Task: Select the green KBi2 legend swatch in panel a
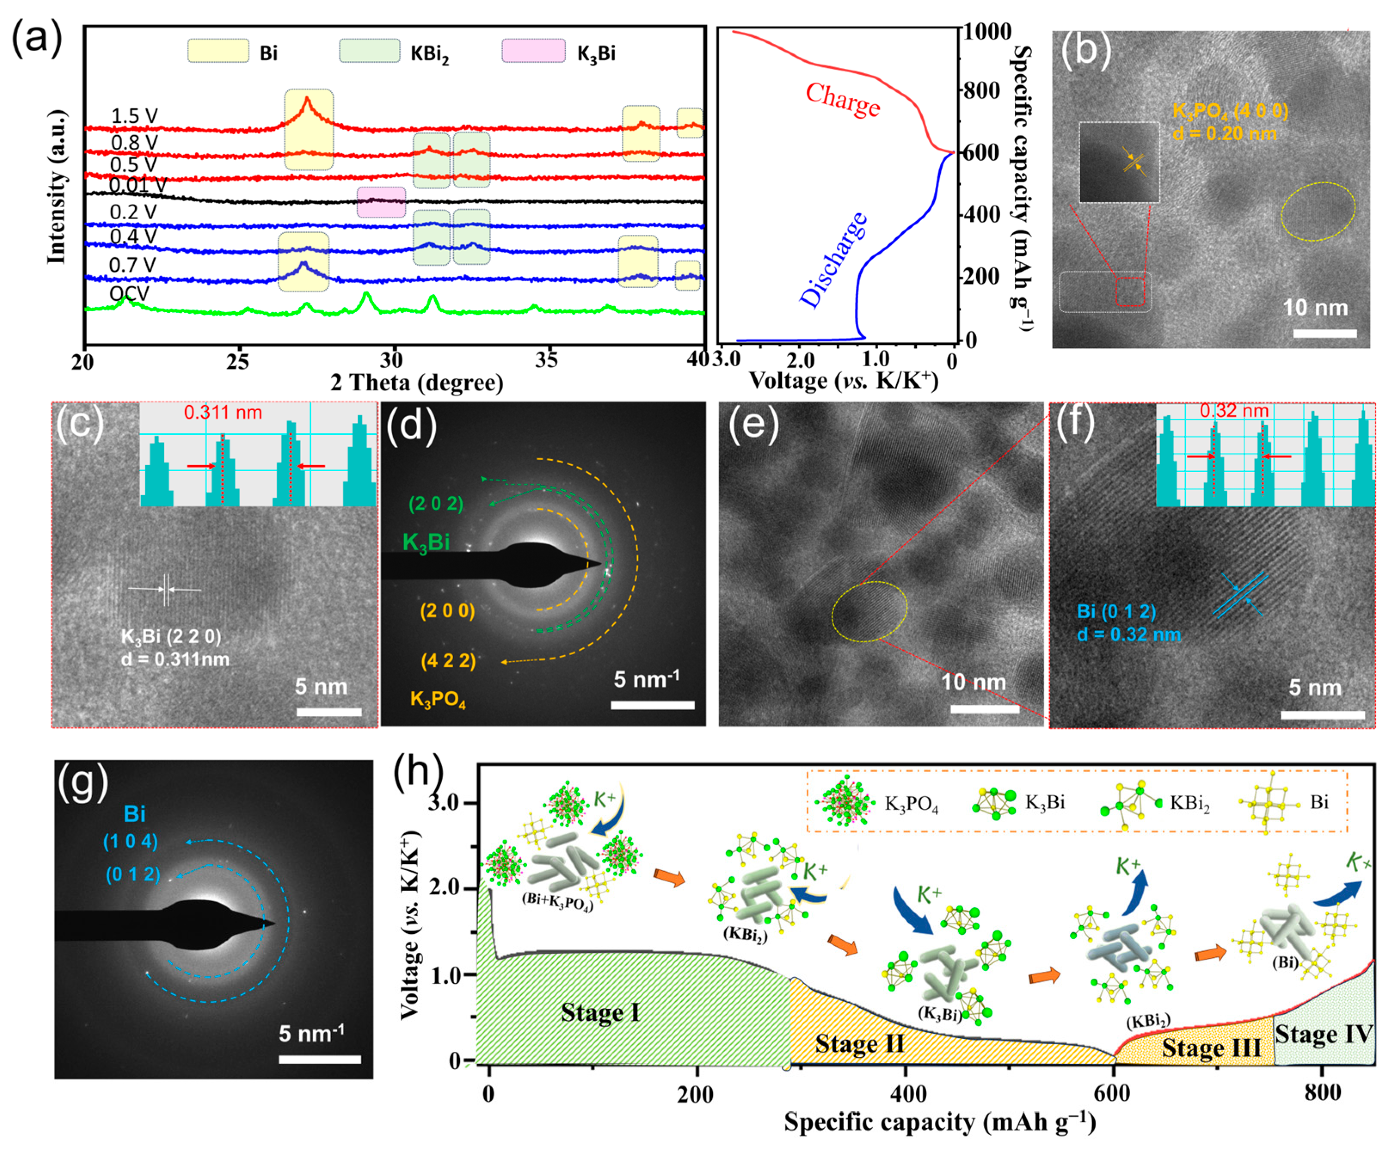(369, 51)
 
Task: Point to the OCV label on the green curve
(129, 293)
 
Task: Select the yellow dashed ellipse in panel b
(1318, 211)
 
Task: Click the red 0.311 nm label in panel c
(223, 412)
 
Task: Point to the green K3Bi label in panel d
(426, 542)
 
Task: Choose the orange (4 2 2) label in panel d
(448, 661)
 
